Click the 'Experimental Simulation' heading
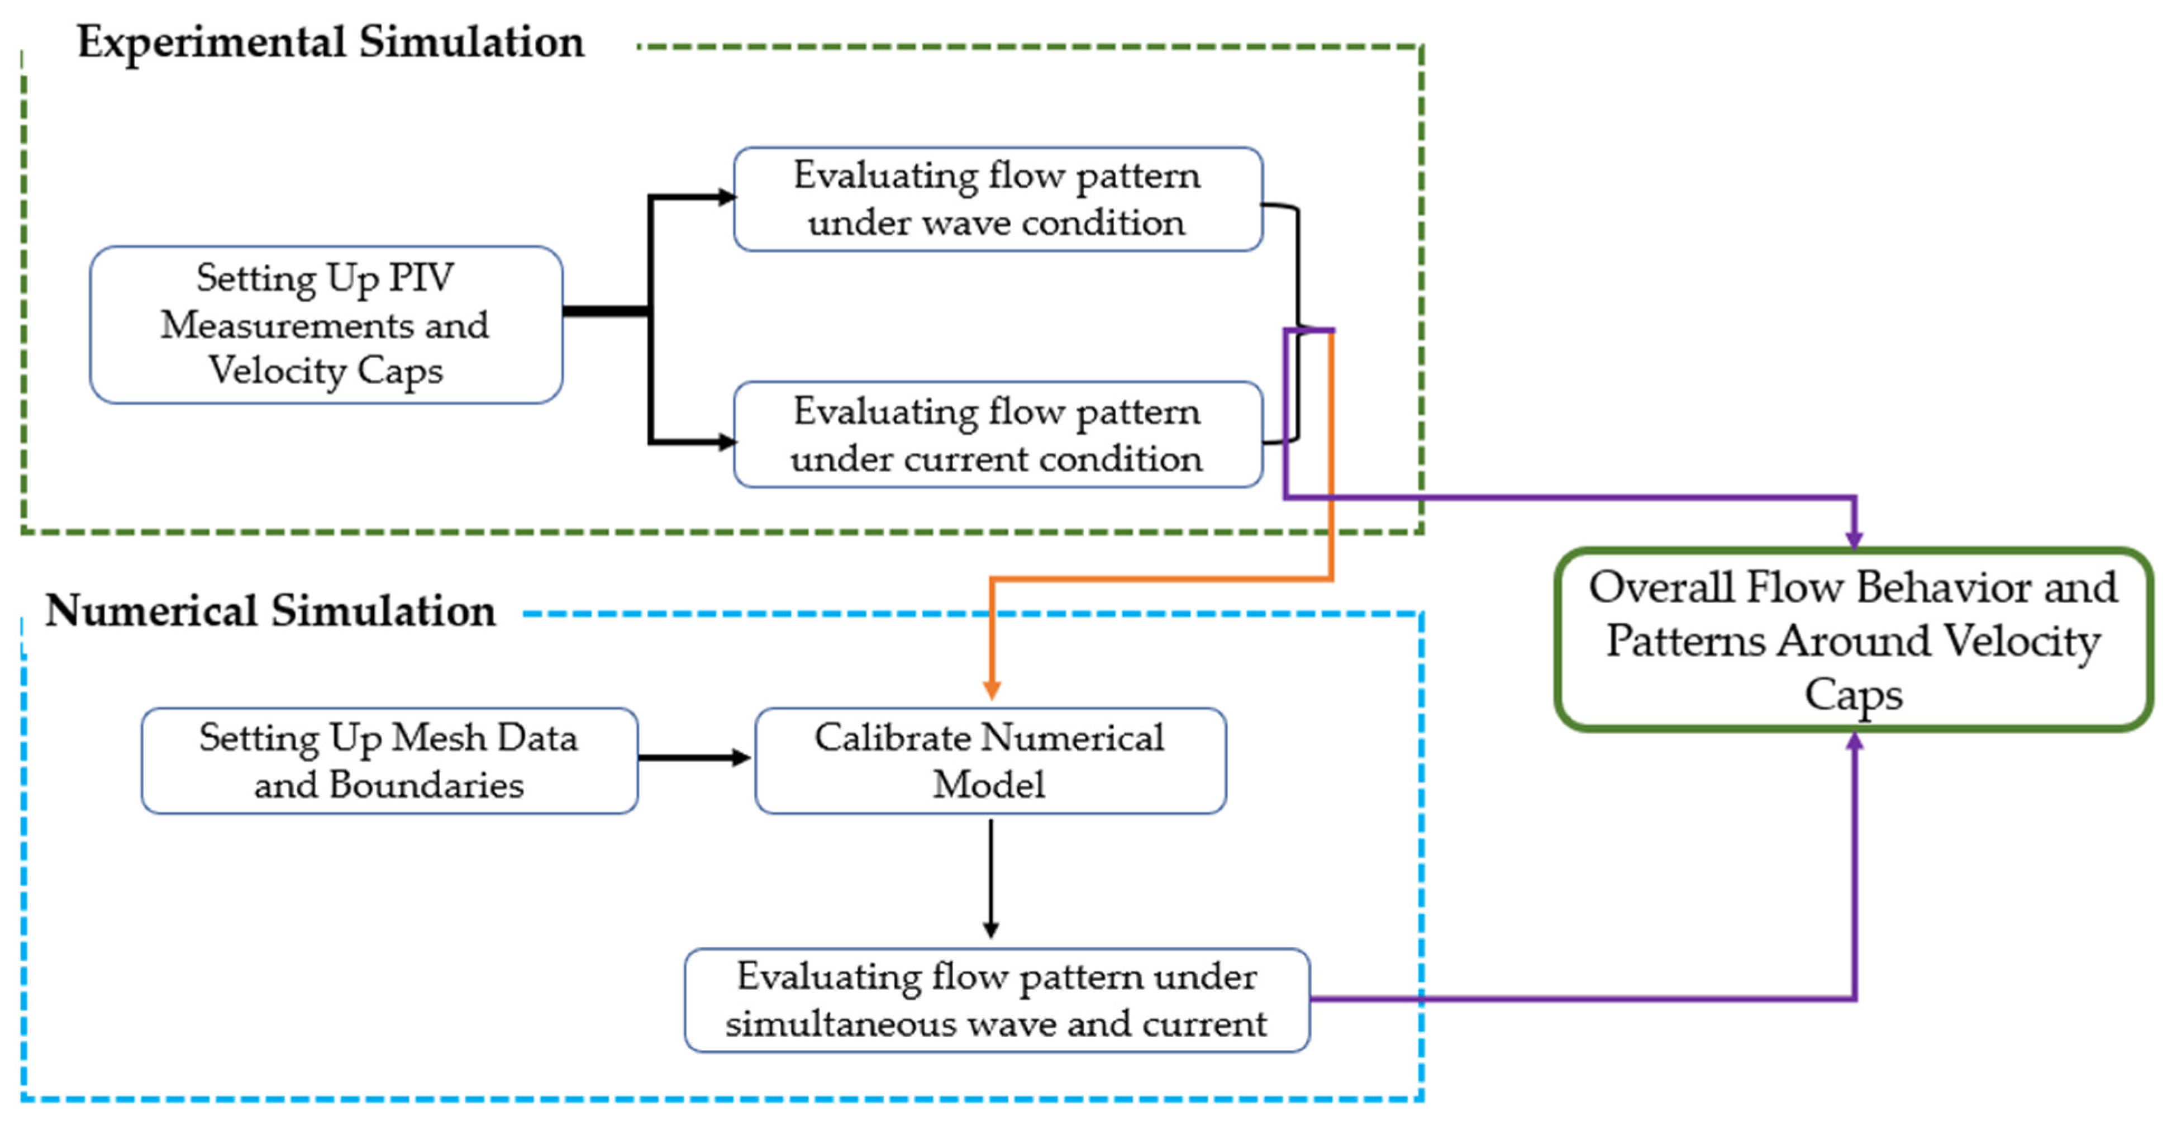[x=331, y=42]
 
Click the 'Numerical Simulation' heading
[x=270, y=611]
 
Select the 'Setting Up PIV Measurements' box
[x=326, y=325]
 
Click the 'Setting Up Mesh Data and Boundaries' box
[x=389, y=761]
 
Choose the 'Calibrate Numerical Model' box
[x=989, y=761]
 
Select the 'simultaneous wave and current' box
[x=996, y=1000]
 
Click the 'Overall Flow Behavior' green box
[x=1853, y=639]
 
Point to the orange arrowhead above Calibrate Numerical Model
[x=992, y=689]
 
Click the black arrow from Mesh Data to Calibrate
[x=693, y=758]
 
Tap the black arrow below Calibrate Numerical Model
[x=991, y=879]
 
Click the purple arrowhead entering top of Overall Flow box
[x=1854, y=539]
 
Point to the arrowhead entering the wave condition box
[x=725, y=198]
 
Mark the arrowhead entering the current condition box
[x=725, y=441]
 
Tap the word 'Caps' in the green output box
[x=1852, y=695]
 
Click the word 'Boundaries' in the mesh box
[x=426, y=785]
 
